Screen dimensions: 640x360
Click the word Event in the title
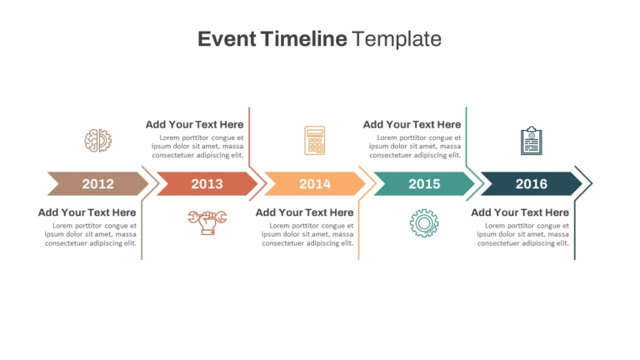click(x=227, y=39)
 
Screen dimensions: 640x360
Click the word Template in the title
click(x=397, y=39)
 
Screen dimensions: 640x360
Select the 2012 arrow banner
click(x=98, y=183)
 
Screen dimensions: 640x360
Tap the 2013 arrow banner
click(x=207, y=183)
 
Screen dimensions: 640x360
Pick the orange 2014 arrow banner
click(x=315, y=183)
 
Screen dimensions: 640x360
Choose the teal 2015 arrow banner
click(x=424, y=183)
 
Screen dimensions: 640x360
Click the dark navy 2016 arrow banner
click(x=532, y=183)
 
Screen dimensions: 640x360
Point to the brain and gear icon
click(x=98, y=140)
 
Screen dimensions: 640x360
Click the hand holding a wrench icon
click(x=207, y=222)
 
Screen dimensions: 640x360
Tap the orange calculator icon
click(x=315, y=140)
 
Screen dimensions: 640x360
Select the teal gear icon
click(x=424, y=223)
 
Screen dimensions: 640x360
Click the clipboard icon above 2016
click(x=532, y=140)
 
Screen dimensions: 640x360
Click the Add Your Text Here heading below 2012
click(x=87, y=212)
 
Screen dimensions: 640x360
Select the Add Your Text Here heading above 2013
click(x=194, y=124)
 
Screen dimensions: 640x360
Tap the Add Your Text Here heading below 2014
click(x=304, y=212)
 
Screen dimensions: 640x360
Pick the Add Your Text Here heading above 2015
click(x=412, y=124)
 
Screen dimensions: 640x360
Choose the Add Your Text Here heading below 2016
click(x=520, y=212)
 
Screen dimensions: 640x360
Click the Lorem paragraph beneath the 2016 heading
click(x=522, y=234)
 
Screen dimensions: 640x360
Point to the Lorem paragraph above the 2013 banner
click(x=197, y=146)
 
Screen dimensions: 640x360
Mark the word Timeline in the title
click(x=303, y=39)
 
